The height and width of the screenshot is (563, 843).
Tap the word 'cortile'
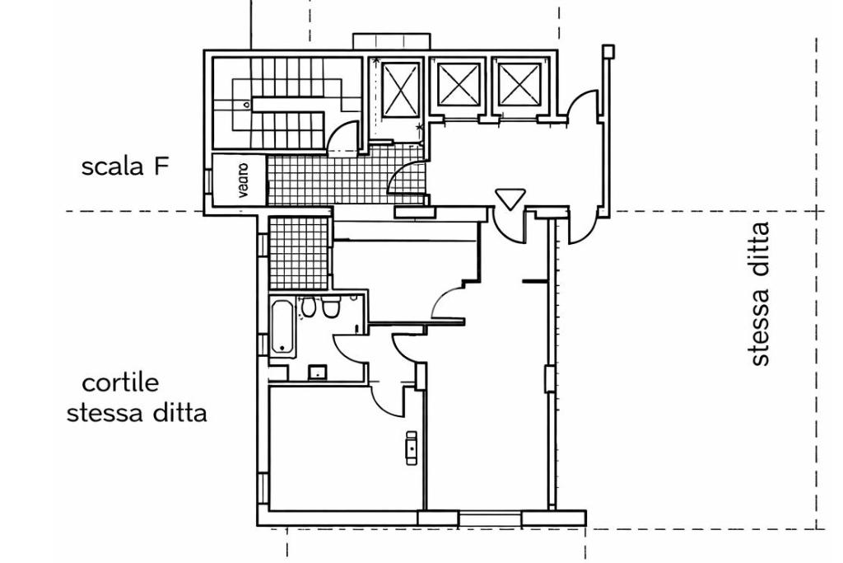point(121,383)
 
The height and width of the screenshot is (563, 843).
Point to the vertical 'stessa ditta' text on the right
point(759,293)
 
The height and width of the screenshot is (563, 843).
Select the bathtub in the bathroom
point(282,326)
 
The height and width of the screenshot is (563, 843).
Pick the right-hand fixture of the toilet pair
point(330,307)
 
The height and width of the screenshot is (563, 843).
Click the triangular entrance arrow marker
point(510,199)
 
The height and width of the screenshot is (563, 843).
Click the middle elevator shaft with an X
point(458,83)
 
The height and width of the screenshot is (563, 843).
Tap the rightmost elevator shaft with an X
point(519,83)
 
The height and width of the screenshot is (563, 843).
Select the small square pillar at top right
point(608,51)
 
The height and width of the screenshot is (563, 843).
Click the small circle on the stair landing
point(245,106)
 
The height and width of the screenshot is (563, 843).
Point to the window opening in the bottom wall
point(489,518)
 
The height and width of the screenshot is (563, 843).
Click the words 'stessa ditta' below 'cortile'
point(137,412)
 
